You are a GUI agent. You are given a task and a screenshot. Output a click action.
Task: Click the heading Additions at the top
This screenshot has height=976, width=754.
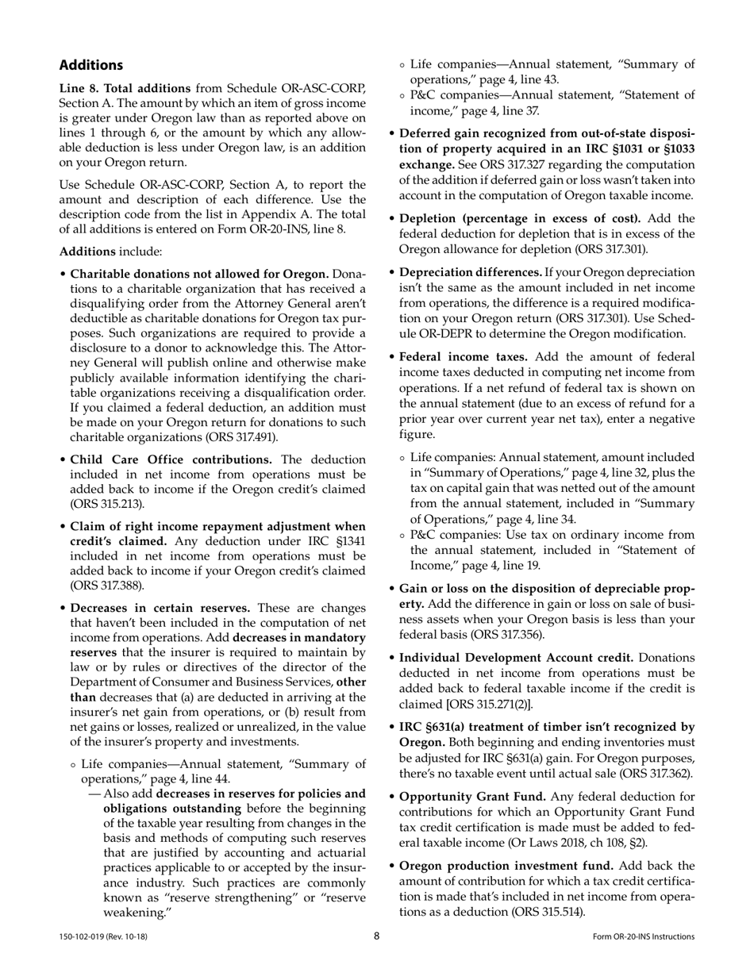91,65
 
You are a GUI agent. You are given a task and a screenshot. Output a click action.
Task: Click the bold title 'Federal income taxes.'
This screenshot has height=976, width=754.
464,357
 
